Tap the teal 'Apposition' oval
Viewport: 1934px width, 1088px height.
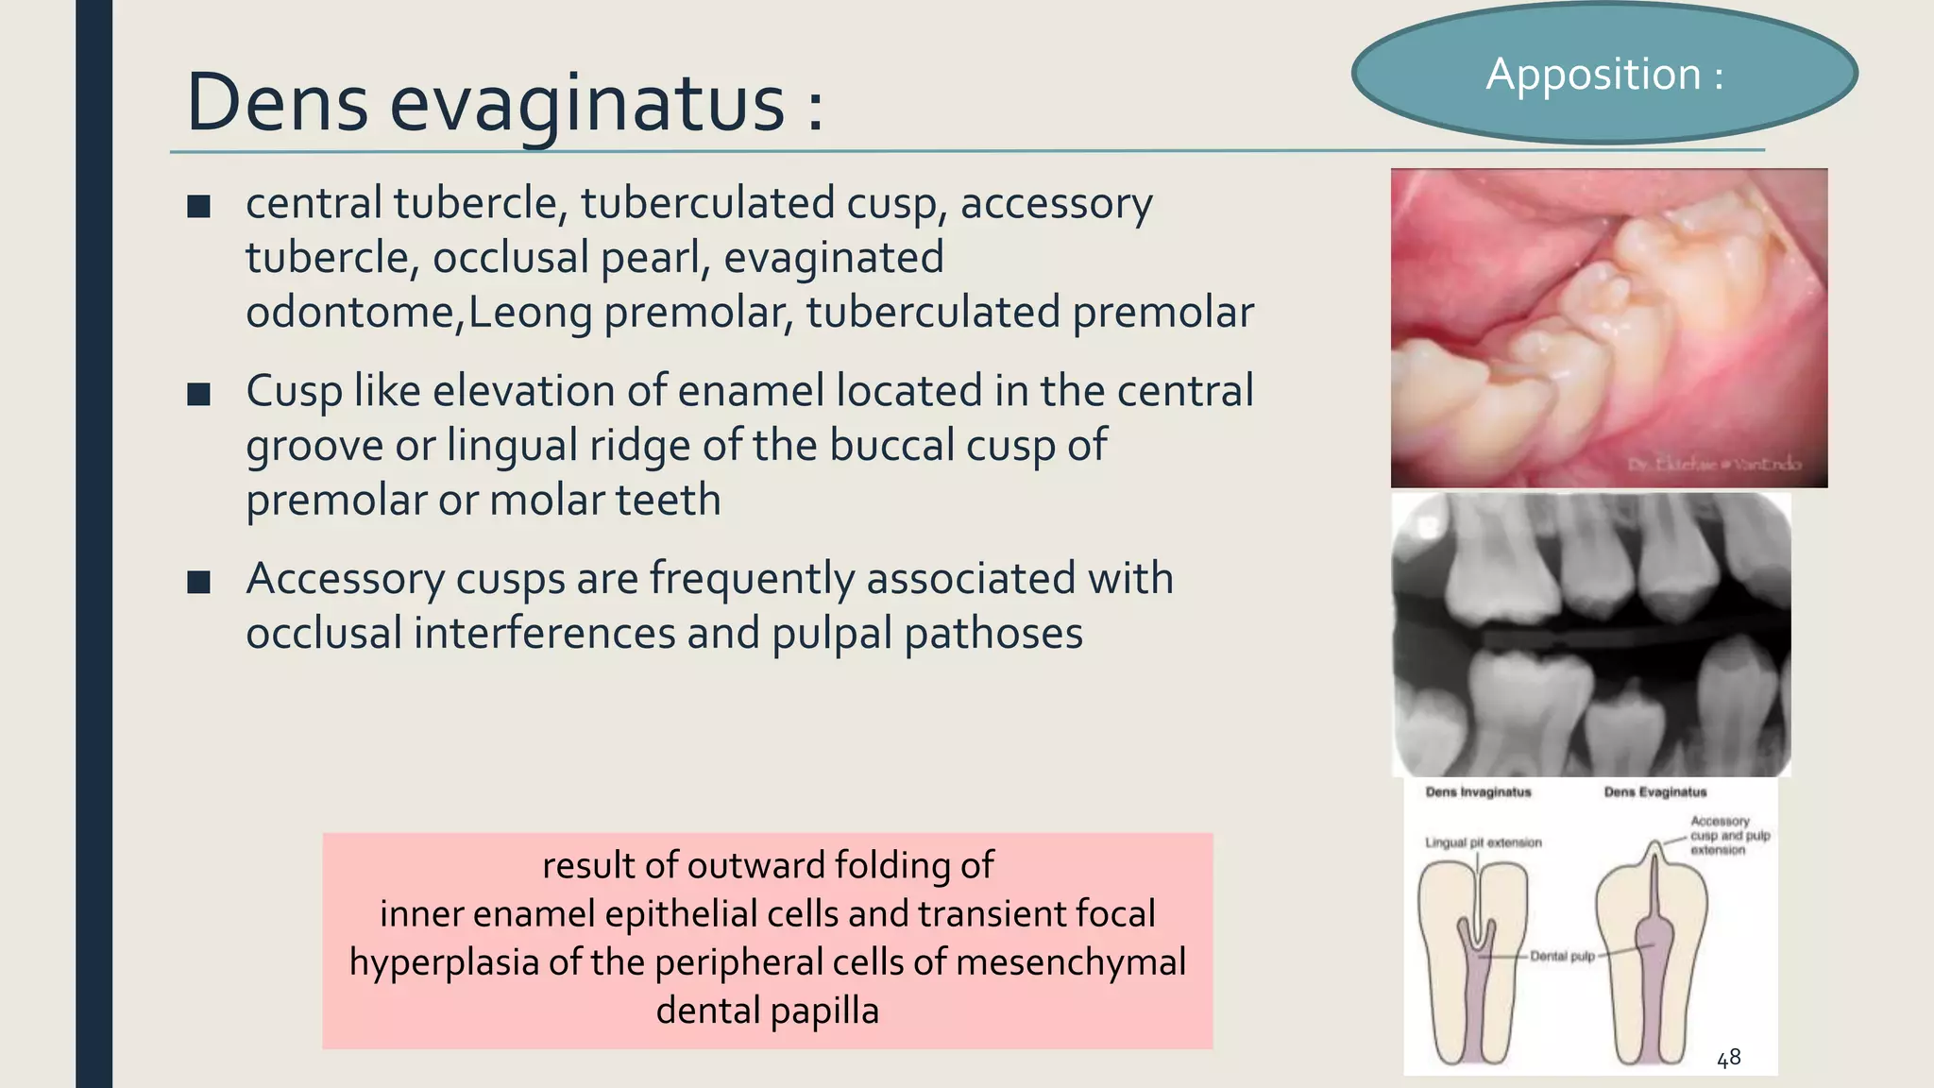[x=1604, y=74]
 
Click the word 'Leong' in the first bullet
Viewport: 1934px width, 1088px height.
[x=530, y=313]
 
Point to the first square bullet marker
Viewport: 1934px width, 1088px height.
[x=198, y=206]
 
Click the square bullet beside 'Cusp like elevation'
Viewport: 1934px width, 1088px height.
[x=198, y=393]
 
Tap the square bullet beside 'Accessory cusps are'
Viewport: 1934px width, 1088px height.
[x=198, y=581]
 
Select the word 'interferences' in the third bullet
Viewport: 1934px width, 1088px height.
[x=544, y=633]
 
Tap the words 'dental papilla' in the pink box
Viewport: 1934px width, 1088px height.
[x=767, y=1011]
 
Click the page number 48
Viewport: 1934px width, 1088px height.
[x=1728, y=1059]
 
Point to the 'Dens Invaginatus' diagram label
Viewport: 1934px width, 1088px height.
[x=1478, y=792]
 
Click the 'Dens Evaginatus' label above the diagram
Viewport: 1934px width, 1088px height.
[x=1655, y=792]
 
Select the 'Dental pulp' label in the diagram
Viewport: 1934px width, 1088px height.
[x=1562, y=957]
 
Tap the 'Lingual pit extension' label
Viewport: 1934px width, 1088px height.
[x=1483, y=842]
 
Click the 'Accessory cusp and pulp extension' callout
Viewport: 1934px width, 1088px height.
[x=1729, y=836]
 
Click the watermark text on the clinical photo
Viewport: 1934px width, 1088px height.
[x=1713, y=465]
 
